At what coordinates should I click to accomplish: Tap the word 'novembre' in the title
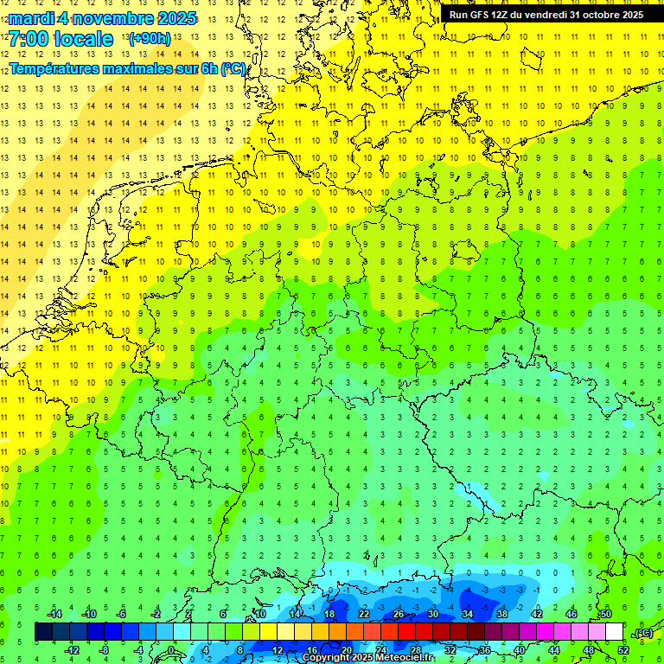(x=112, y=19)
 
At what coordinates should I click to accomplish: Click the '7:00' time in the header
(x=28, y=39)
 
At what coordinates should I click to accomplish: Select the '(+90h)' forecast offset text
(x=149, y=39)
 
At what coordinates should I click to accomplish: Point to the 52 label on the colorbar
(x=622, y=650)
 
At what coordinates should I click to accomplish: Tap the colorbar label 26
(x=399, y=614)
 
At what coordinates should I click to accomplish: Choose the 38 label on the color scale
(x=502, y=614)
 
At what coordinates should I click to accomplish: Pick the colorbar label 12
(x=278, y=650)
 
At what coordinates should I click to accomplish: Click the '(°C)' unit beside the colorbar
(x=642, y=633)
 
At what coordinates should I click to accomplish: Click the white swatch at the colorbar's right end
(x=614, y=632)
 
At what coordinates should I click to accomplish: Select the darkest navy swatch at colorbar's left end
(x=43, y=632)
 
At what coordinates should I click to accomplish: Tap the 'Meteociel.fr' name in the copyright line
(x=404, y=658)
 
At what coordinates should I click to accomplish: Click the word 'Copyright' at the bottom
(x=333, y=658)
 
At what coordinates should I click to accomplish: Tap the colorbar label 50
(x=605, y=614)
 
